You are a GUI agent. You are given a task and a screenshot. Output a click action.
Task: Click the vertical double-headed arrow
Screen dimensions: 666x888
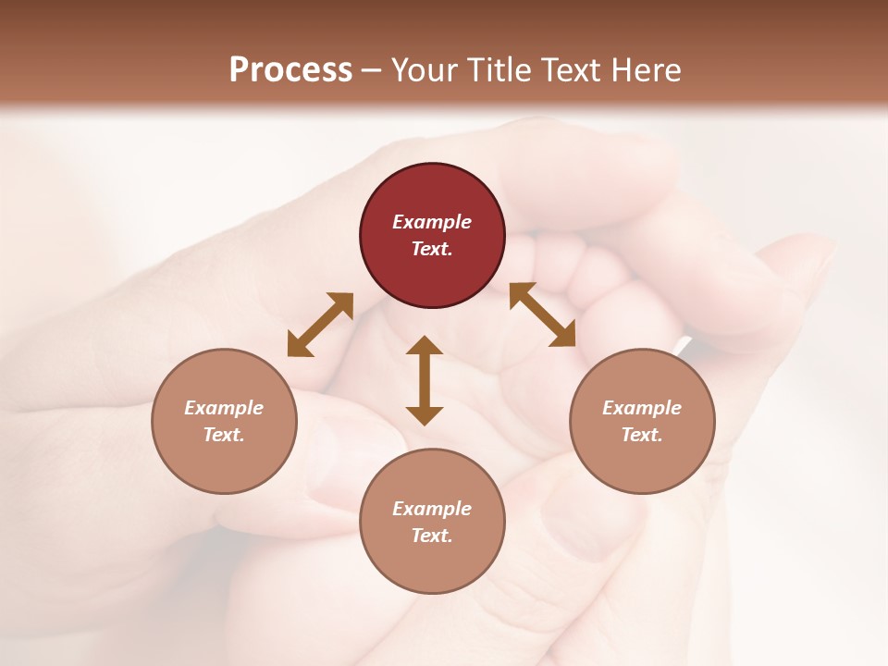coord(425,380)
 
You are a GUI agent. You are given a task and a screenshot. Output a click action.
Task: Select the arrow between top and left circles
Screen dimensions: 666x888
coord(320,325)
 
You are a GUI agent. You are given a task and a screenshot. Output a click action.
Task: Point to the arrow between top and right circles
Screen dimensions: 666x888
coord(542,314)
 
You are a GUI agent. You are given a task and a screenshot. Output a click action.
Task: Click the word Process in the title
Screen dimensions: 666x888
coord(290,69)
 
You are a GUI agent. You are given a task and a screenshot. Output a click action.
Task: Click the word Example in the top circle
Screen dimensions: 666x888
coord(432,222)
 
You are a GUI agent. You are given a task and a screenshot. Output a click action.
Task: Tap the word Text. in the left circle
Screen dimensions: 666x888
coord(224,435)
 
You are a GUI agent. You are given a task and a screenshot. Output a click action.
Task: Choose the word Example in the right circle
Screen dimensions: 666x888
coord(642,408)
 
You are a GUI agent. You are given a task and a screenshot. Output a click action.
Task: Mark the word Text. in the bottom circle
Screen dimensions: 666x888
coord(432,536)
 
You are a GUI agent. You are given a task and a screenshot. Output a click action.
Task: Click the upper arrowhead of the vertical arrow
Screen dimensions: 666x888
coord(425,346)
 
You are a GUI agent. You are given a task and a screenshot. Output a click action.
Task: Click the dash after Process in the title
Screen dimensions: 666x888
coord(372,69)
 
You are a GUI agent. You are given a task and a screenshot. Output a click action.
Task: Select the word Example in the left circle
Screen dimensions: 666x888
coord(224,408)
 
